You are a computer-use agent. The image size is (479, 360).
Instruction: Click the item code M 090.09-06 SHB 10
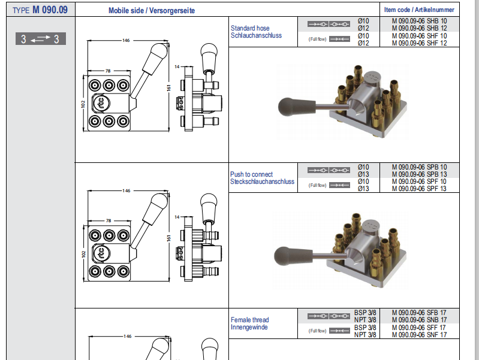pyautogui.click(x=419, y=21)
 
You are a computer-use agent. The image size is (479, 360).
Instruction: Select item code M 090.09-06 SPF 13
pyautogui.click(x=419, y=189)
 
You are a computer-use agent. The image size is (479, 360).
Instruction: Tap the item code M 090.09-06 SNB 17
pyautogui.click(x=419, y=320)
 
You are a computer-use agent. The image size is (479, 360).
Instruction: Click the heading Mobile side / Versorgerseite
pyautogui.click(x=152, y=11)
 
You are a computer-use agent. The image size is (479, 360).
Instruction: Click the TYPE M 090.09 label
pyautogui.click(x=40, y=10)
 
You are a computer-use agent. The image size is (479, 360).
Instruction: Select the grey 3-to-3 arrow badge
pyautogui.click(x=40, y=40)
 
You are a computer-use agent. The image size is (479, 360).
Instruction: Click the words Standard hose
pyautogui.click(x=250, y=28)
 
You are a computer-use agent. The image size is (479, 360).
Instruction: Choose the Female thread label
pyautogui.click(x=249, y=320)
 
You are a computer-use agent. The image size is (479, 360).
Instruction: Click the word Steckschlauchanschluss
pyautogui.click(x=262, y=181)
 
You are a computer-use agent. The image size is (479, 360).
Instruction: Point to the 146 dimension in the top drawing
pyautogui.click(x=126, y=41)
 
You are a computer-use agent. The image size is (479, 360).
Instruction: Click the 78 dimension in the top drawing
pyautogui.click(x=108, y=71)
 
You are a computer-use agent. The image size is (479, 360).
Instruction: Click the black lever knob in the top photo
pyautogui.click(x=291, y=107)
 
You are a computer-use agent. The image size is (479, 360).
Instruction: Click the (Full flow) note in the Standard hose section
pyautogui.click(x=318, y=39)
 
